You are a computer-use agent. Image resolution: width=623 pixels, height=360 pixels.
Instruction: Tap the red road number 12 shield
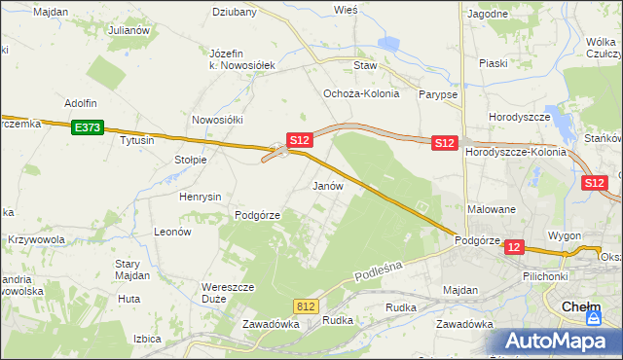515,248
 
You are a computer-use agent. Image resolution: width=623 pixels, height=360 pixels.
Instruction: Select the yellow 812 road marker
307,306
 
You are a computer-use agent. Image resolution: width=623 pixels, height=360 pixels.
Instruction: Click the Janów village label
326,185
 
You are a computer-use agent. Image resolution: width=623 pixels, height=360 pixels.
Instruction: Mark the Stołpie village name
190,160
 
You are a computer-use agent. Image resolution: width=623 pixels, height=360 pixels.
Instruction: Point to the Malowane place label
491,209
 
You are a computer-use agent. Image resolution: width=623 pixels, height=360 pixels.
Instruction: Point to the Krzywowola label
37,239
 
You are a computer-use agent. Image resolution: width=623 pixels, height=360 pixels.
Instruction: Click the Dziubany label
235,13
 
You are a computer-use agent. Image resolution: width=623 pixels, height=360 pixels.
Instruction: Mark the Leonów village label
171,232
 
